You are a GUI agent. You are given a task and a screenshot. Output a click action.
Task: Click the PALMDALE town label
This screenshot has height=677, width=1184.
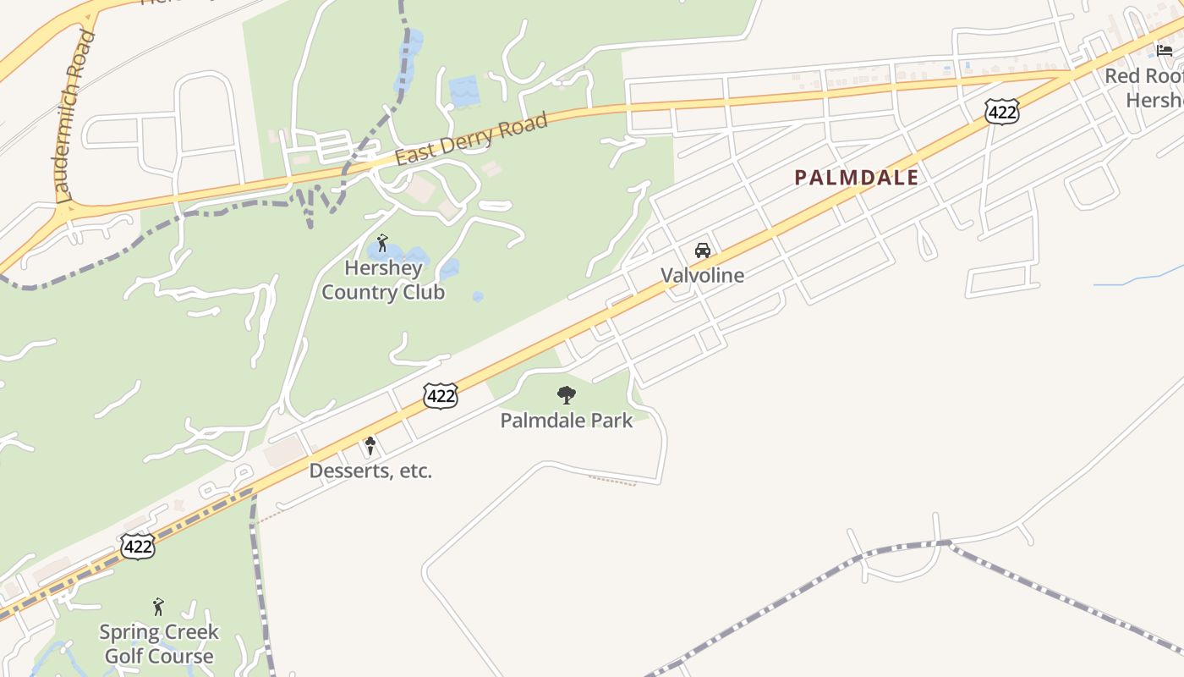point(856,178)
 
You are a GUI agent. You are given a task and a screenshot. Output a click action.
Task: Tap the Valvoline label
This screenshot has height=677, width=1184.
point(702,275)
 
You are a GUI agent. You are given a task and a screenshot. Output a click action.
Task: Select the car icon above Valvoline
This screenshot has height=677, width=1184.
point(702,250)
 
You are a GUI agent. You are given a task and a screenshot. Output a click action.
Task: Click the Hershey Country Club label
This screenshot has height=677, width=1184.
point(383,280)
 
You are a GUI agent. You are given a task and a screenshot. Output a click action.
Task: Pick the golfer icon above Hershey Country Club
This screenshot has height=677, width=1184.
point(382,244)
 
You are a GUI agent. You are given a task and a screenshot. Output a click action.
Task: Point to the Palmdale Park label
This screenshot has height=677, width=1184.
point(566,420)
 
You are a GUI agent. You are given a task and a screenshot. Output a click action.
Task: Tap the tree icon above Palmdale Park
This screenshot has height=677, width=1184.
point(566,394)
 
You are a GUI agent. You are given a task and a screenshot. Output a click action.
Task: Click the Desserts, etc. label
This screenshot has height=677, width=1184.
point(370,471)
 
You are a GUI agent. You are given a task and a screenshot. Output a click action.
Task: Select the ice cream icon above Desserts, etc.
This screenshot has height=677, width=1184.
point(370,445)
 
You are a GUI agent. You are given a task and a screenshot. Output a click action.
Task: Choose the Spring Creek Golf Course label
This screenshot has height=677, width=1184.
point(158,643)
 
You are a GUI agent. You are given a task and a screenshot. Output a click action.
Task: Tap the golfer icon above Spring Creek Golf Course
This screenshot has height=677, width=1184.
point(158,607)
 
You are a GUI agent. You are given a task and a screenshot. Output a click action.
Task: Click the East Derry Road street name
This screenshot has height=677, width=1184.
point(471,140)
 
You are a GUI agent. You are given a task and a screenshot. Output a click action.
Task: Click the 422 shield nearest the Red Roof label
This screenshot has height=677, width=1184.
point(1001,111)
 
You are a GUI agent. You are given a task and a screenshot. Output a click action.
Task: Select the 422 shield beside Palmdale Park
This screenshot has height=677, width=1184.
point(441,395)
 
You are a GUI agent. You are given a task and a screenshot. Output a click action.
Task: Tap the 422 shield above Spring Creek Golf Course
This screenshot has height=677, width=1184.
point(137,547)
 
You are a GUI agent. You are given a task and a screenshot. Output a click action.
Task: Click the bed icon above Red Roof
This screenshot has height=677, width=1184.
point(1165,50)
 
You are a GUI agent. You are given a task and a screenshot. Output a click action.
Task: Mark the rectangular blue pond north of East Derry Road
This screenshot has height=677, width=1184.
point(464,91)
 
